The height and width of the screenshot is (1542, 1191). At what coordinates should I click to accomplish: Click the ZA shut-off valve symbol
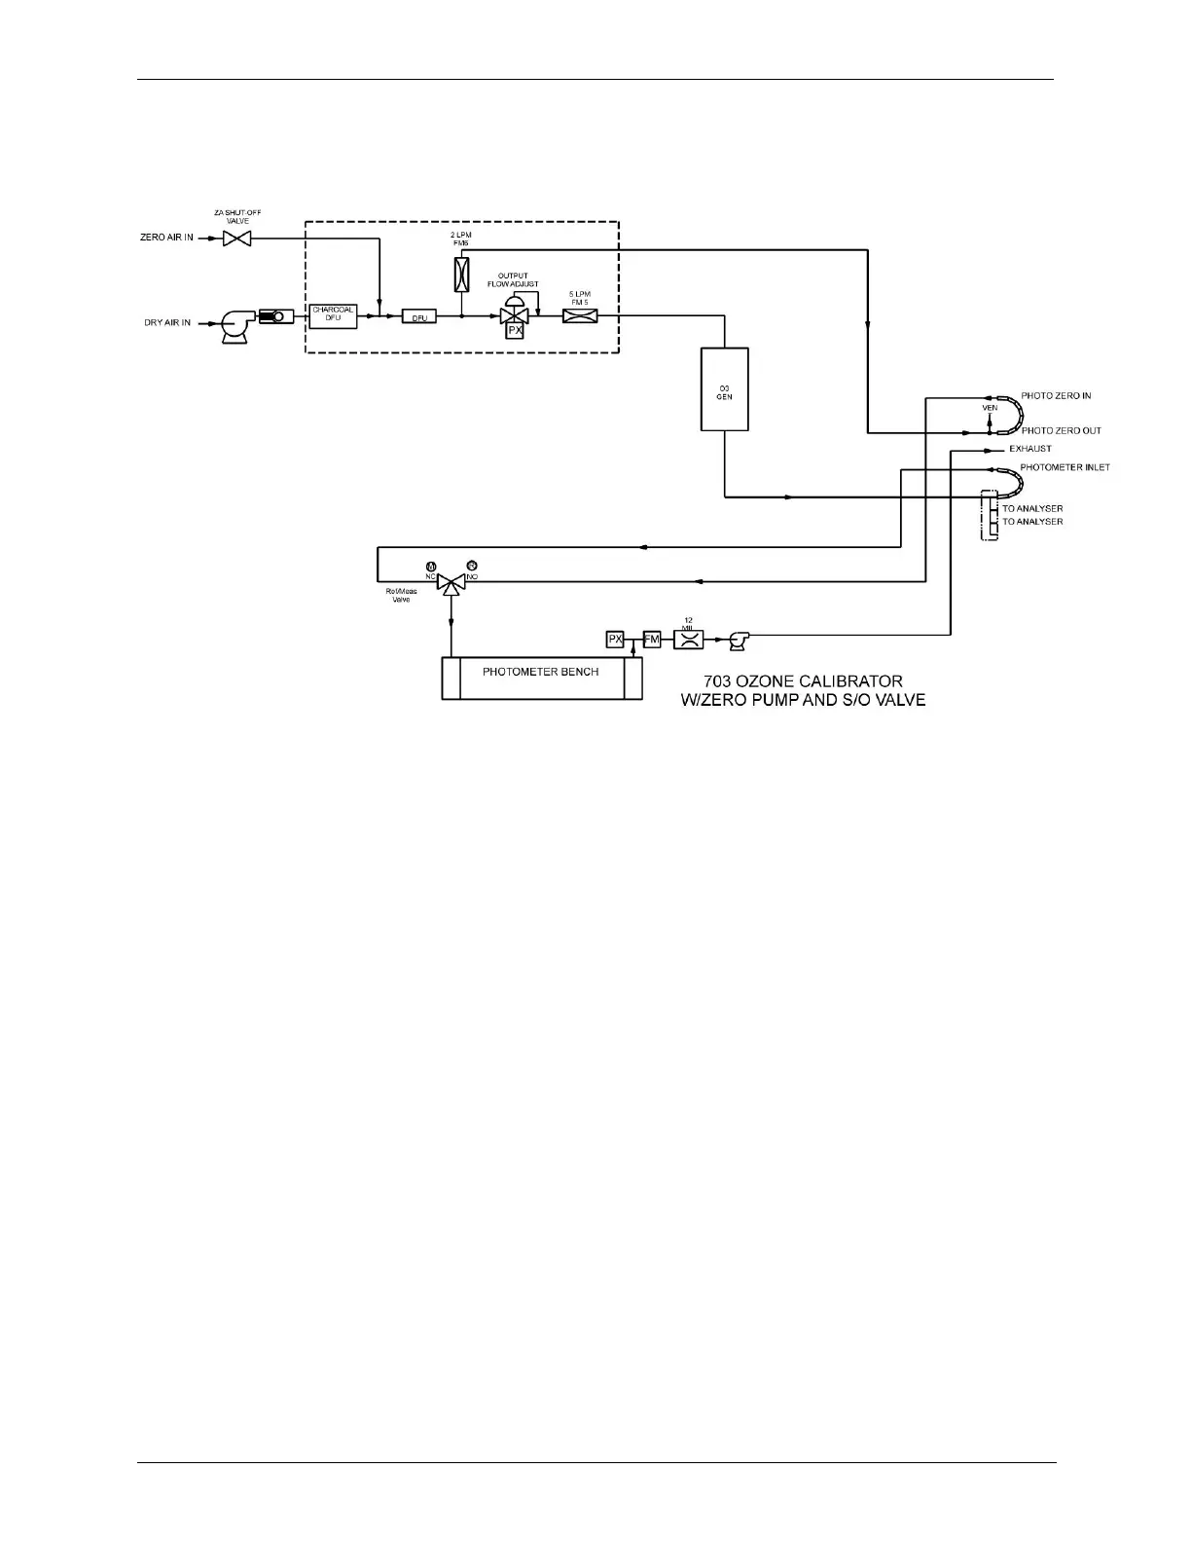pyautogui.click(x=236, y=238)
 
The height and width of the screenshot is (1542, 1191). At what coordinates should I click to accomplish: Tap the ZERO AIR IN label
pyautogui.click(x=166, y=238)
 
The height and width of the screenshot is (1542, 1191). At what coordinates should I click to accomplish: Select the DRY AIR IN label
pyautogui.click(x=167, y=323)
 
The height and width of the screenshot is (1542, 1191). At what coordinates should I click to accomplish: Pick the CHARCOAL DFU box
pyautogui.click(x=334, y=315)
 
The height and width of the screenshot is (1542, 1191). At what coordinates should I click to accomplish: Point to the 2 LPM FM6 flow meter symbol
pyautogui.click(x=462, y=275)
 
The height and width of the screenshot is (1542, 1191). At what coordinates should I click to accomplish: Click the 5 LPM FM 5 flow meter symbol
pyautogui.click(x=580, y=315)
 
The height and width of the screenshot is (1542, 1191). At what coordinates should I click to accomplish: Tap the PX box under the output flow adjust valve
pyautogui.click(x=515, y=331)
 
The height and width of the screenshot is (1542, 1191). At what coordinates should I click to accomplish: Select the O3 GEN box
pyautogui.click(x=725, y=389)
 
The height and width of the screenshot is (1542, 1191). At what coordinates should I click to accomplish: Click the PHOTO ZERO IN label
pyautogui.click(x=1056, y=396)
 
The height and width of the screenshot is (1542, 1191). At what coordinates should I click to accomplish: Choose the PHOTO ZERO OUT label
pyautogui.click(x=1061, y=431)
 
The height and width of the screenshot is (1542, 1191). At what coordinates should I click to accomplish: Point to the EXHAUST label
pyautogui.click(x=1030, y=449)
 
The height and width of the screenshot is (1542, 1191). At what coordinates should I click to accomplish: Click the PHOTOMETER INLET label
pyautogui.click(x=1065, y=468)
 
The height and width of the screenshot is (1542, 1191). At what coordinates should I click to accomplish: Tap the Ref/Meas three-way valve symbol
pyautogui.click(x=451, y=584)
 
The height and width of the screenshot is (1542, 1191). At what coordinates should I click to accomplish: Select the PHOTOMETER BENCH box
pyautogui.click(x=541, y=678)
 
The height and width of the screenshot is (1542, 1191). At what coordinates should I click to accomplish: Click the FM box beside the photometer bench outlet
pyautogui.click(x=652, y=640)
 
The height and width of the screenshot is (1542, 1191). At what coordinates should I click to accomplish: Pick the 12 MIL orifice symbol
pyautogui.click(x=688, y=640)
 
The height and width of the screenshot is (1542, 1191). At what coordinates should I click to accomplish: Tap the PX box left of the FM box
pyautogui.click(x=615, y=640)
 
